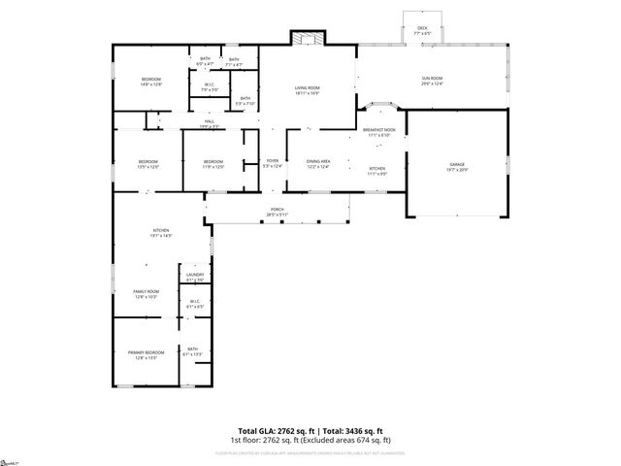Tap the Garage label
coord(457,165)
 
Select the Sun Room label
coord(432,81)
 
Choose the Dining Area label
coord(318,164)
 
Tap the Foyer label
coord(273,164)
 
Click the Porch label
coord(277,212)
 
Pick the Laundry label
coord(194,278)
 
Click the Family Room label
coord(146,293)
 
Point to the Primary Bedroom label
coord(146,354)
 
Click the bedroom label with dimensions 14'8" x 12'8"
coord(150,82)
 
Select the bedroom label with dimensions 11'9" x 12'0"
coord(213,164)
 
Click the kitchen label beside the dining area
coord(377,170)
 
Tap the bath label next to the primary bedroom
coord(192,351)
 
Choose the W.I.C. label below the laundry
coord(194,303)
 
